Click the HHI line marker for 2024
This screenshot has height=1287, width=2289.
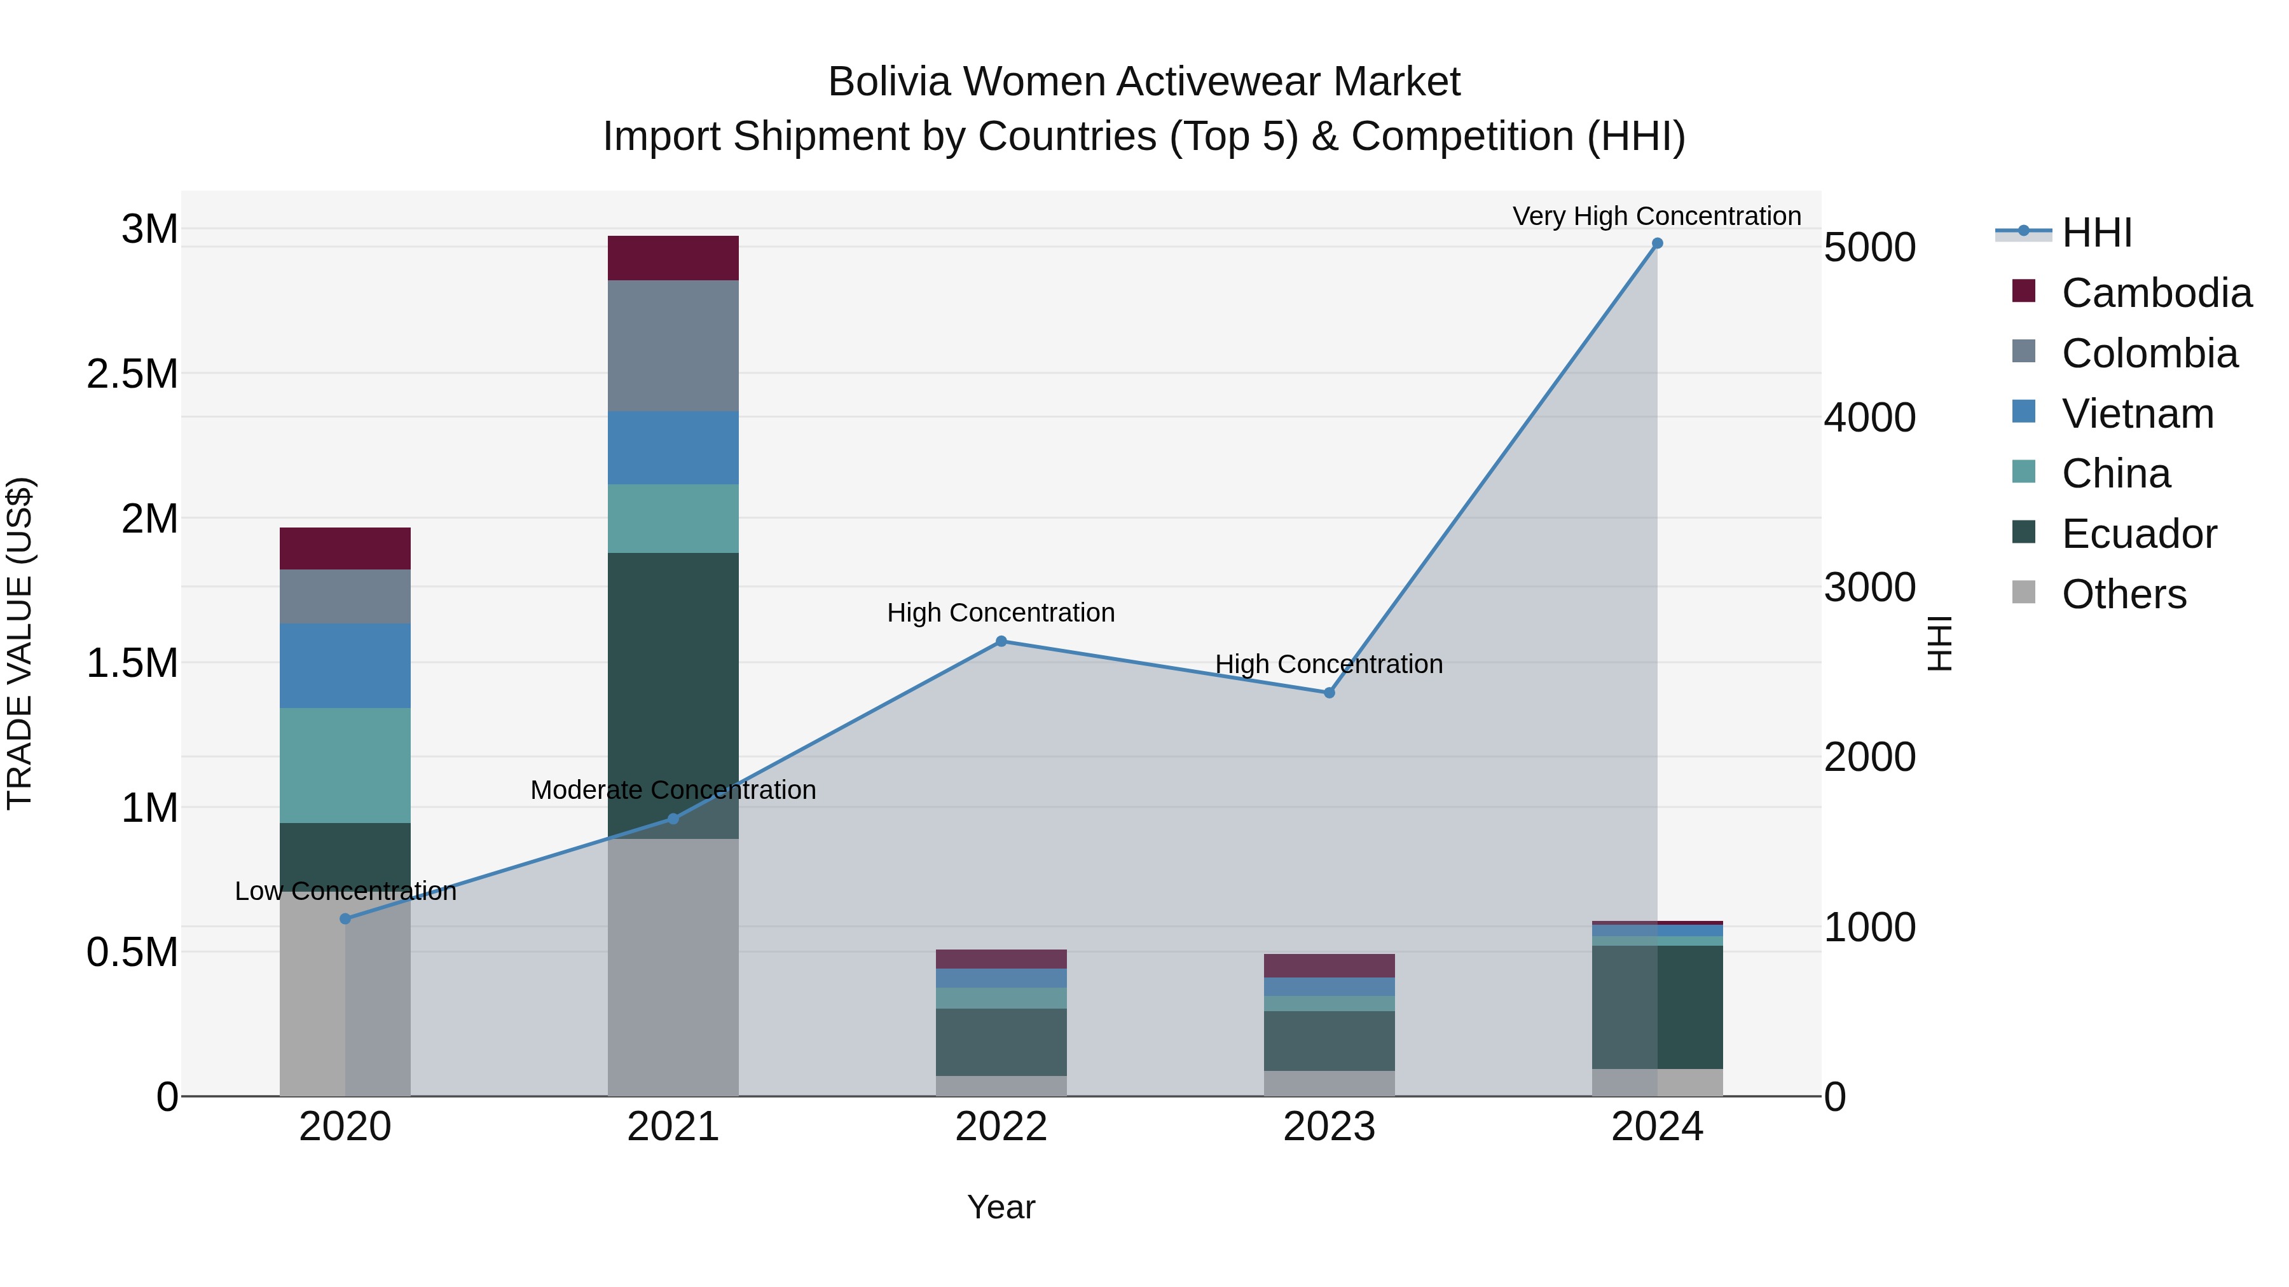1657,243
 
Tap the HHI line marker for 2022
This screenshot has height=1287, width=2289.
1001,641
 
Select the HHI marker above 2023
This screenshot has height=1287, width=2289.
1330,693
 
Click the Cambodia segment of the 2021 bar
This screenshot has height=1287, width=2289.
673,259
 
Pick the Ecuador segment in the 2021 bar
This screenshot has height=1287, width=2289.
673,675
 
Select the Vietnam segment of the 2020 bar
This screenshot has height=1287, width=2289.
345,665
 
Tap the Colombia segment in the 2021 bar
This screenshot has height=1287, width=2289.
673,346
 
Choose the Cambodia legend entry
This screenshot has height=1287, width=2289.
2155,293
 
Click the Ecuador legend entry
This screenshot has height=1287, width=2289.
2139,534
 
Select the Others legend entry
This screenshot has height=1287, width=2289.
2124,594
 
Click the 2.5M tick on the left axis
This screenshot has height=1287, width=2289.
132,374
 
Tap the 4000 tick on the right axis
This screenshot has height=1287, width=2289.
1869,418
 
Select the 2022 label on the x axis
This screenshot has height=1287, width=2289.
1001,1127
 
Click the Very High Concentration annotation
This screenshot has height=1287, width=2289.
1656,216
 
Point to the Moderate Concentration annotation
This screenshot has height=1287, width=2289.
673,789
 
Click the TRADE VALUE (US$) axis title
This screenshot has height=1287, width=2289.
20,643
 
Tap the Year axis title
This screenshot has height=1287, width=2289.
1001,1207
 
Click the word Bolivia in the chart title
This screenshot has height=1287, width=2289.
890,82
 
